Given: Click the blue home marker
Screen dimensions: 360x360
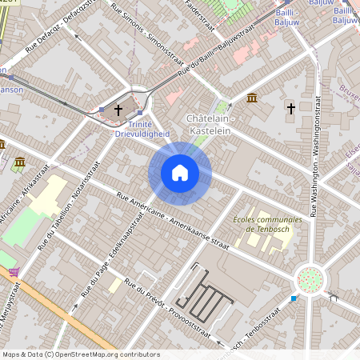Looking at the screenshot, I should (180, 173).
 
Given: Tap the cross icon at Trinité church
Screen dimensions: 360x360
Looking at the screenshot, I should (119, 110).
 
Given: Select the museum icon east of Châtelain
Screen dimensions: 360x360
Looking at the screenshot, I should (252, 98).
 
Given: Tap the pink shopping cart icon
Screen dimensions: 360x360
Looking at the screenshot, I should (14, 272).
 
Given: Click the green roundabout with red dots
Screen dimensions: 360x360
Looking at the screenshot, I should (310, 280).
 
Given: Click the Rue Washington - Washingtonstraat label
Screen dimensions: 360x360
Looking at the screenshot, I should (315, 161).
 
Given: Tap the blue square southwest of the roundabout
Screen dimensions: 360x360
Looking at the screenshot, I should (294, 298).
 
